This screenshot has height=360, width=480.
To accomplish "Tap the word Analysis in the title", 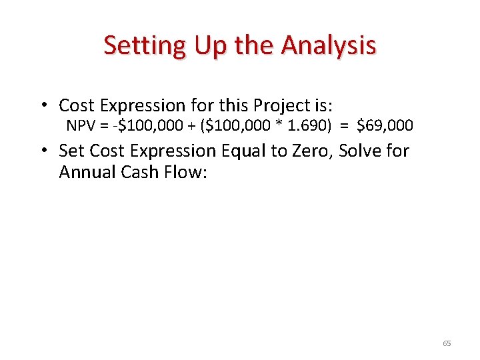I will tap(329, 46).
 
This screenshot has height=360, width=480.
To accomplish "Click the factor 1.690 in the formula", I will tap(307, 125).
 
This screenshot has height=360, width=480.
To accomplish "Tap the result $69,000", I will tap(385, 125).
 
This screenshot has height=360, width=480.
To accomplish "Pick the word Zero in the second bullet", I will tap(312, 151).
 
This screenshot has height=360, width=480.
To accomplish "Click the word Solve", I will tap(361, 151).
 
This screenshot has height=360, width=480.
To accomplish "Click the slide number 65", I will tap(447, 343).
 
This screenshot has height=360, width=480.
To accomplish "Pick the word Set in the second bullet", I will tap(71, 151).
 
